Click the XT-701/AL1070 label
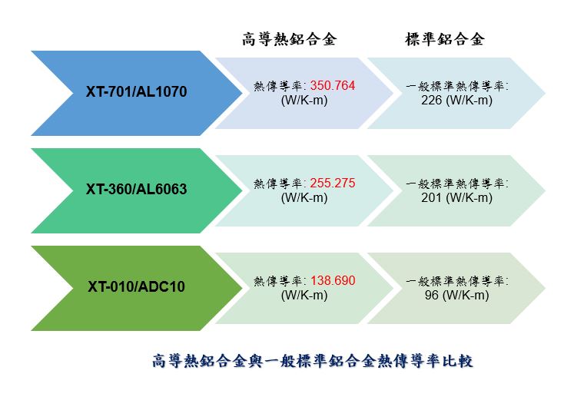[136, 91]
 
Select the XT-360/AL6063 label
[136, 189]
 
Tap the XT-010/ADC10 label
[136, 286]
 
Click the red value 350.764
[333, 85]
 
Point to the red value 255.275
[333, 183]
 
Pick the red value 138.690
[333, 280]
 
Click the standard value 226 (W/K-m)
[456, 101]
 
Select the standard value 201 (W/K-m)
[456, 198]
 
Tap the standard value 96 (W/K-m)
[457, 295]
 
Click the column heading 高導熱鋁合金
[289, 39]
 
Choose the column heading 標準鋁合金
[445, 39]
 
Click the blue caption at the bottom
[312, 361]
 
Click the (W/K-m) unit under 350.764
[304, 101]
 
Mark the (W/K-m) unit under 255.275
[304, 198]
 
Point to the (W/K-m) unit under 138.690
[304, 295]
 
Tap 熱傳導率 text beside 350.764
[278, 86]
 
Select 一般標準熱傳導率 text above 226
[457, 86]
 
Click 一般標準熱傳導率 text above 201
[457, 184]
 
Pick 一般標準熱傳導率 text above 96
[457, 281]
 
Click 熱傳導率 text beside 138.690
[278, 281]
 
